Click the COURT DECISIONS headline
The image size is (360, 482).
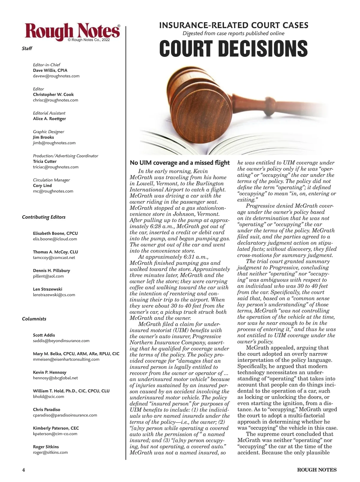tap(233, 48)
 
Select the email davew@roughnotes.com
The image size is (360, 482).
tap(56, 76)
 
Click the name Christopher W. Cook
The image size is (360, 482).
tap(53, 94)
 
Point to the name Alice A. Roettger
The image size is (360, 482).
tap(49, 119)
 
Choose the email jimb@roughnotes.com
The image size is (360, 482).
tap(54, 143)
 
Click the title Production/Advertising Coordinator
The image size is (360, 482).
tap(65, 156)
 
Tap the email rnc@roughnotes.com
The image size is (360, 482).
tap(53, 191)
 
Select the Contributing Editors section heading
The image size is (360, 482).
tap(43, 217)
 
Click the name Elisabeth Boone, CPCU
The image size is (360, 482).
tap(55, 233)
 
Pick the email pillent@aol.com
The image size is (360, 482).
tap(48, 276)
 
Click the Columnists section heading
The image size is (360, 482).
tap(34, 319)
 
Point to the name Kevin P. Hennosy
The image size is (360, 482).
tap(49, 372)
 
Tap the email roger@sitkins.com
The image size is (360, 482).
tap(50, 452)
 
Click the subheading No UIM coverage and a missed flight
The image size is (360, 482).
tap(179, 163)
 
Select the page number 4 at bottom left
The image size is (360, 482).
tap(23, 470)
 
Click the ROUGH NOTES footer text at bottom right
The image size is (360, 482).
tap(316, 470)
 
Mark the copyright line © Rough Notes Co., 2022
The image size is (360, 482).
tap(89, 40)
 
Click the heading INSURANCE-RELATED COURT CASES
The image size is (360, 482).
tap(233, 25)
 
